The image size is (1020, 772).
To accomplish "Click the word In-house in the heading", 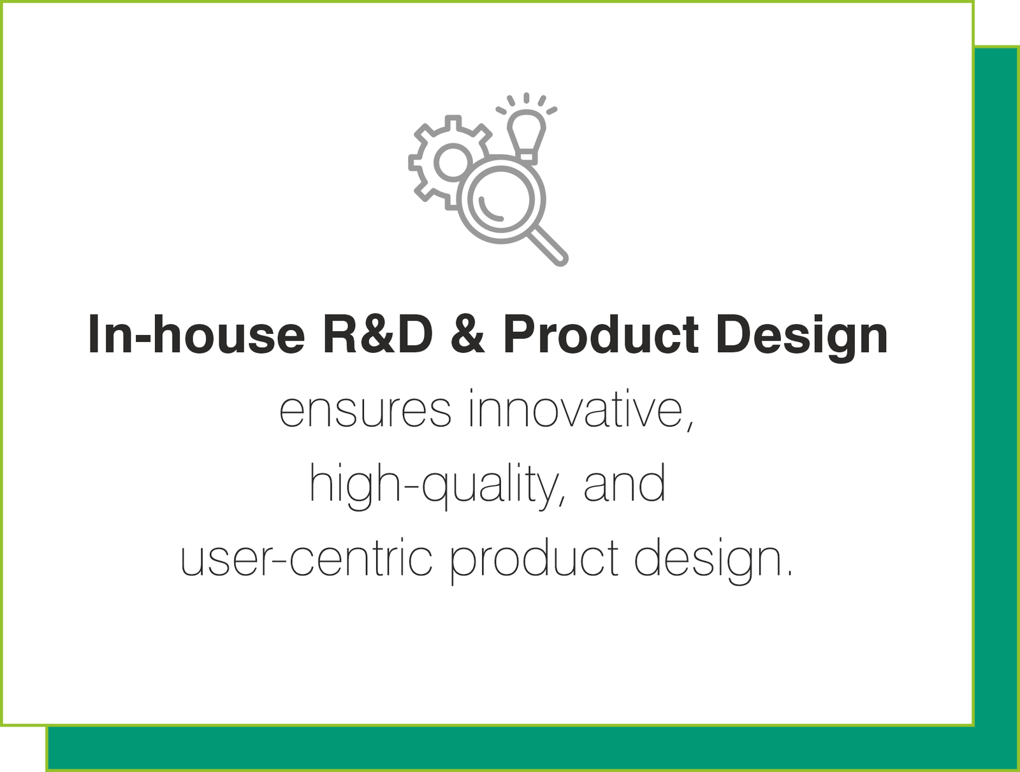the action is tap(196, 334).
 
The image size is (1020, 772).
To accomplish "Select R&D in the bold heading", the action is tap(378, 334).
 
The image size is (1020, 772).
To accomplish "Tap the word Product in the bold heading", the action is tap(601, 334).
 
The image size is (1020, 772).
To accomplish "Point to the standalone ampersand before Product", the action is tap(468, 334).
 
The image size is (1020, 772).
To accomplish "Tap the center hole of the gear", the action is tap(453, 162).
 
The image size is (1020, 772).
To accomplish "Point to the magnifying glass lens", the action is tap(502, 199).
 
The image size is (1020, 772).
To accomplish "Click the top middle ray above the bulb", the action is tap(527, 98).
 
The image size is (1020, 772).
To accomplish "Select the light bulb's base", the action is tap(527, 157).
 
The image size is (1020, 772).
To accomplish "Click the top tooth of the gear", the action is tap(453, 122).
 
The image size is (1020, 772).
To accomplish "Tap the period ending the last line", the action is tap(789, 575).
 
